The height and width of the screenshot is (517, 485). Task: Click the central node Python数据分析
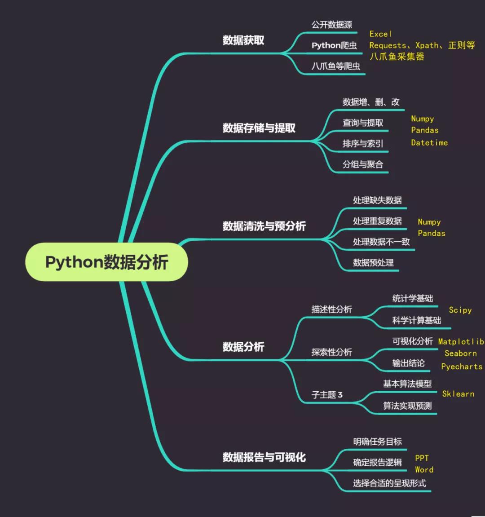(x=106, y=262)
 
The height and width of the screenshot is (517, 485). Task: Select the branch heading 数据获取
(x=243, y=40)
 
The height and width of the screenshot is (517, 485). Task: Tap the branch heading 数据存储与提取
(x=259, y=128)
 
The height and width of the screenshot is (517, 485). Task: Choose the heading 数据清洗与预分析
(x=264, y=226)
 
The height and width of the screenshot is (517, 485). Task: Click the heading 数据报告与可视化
(x=264, y=457)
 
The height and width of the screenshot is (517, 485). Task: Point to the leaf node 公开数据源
(x=332, y=25)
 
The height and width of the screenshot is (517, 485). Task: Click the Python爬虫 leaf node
(x=334, y=45)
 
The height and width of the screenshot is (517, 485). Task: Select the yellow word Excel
(x=380, y=34)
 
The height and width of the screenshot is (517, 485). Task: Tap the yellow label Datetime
(x=429, y=143)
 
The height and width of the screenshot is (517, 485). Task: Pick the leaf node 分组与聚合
(x=363, y=164)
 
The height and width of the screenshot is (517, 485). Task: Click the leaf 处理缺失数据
(x=377, y=200)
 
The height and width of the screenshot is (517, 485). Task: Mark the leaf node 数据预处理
(x=373, y=263)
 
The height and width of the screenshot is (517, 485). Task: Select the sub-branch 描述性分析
(x=332, y=309)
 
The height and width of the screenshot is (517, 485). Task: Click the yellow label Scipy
(x=460, y=310)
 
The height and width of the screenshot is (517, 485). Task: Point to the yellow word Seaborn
(x=461, y=354)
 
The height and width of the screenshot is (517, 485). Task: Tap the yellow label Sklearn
(x=458, y=394)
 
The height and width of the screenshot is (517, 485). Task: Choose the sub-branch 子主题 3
(x=327, y=395)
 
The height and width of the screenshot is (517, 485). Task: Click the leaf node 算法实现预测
(x=407, y=406)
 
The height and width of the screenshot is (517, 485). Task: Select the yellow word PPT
(x=422, y=458)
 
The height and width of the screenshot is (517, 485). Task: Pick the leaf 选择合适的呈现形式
(x=389, y=483)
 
